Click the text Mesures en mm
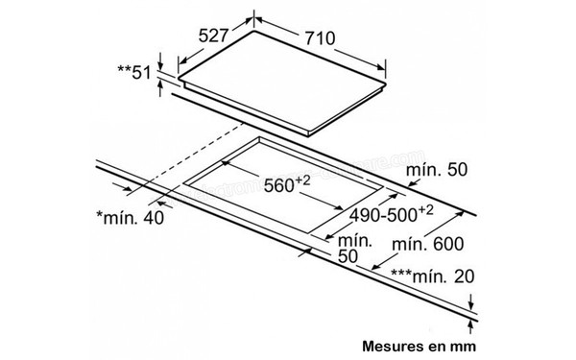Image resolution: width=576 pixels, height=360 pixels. tap(419, 343)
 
